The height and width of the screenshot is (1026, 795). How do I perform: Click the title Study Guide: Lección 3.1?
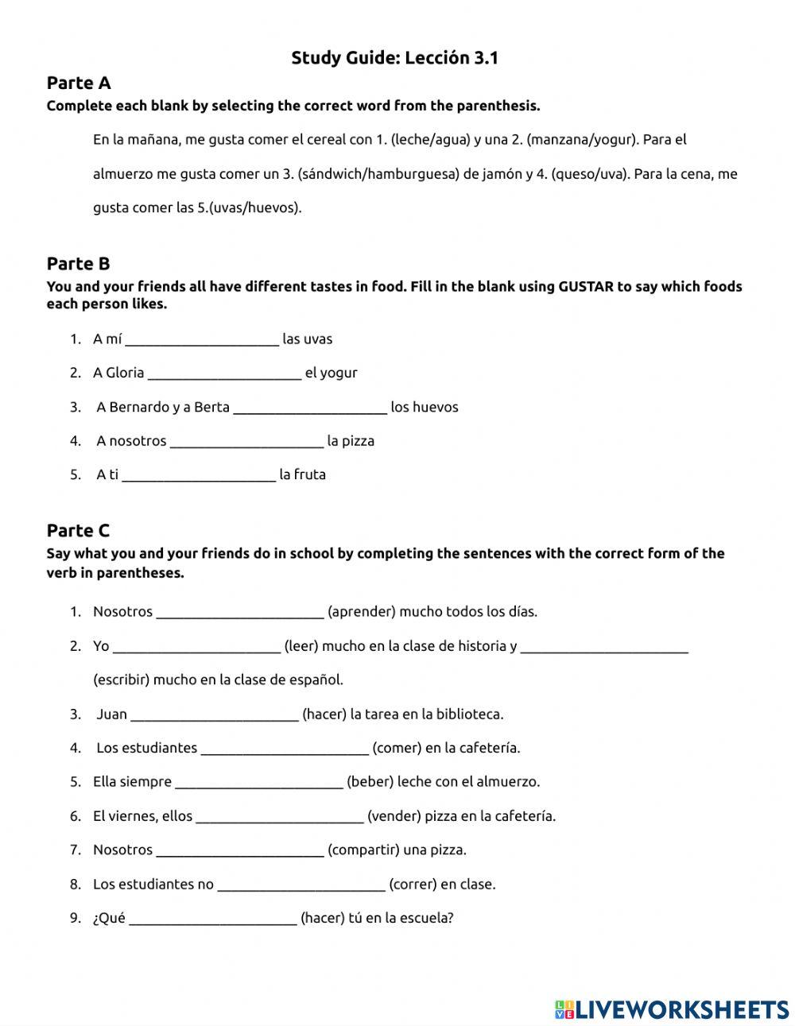(x=394, y=58)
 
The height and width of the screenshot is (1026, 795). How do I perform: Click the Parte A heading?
(x=79, y=83)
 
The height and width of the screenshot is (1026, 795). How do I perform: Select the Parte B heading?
(x=78, y=264)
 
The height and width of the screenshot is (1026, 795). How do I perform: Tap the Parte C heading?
(x=78, y=531)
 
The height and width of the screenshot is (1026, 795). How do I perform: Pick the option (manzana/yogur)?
(x=582, y=140)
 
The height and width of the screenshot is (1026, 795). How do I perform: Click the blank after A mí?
(x=202, y=340)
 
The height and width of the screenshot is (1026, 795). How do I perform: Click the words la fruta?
(x=302, y=475)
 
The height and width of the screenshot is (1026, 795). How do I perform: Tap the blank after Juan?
(x=214, y=715)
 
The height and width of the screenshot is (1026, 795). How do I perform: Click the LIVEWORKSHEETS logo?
(x=671, y=1009)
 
